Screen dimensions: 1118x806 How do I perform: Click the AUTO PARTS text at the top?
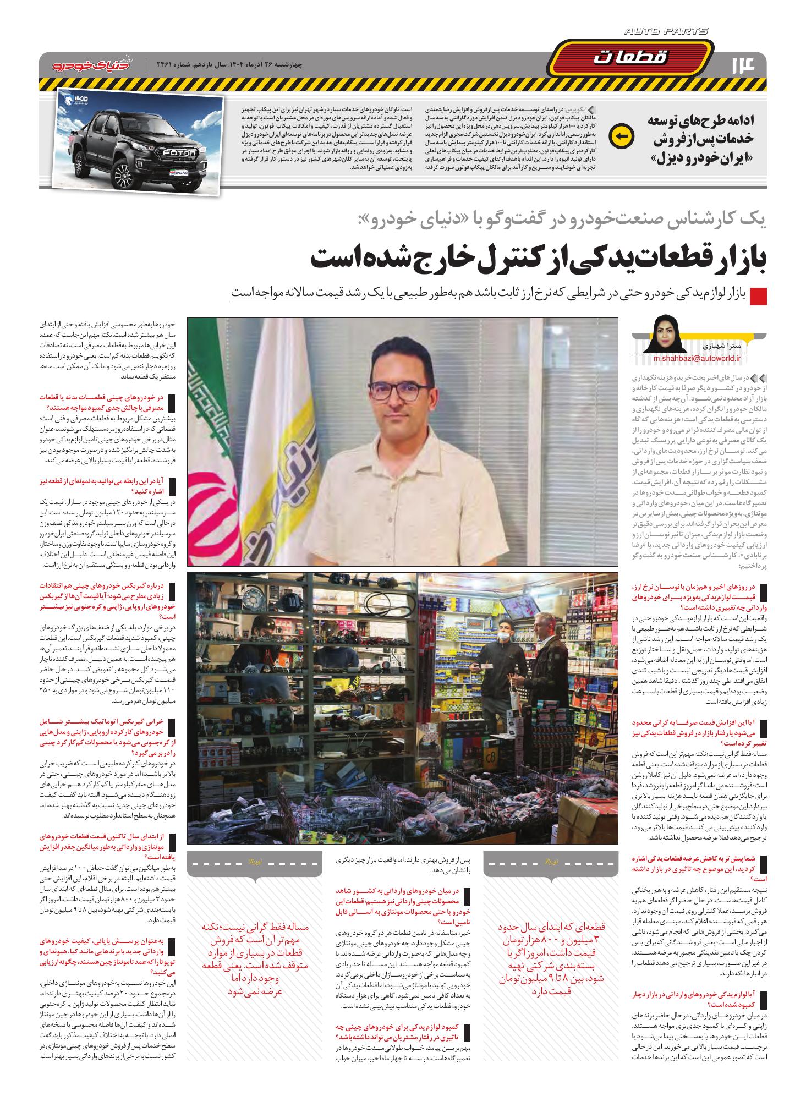click(x=666, y=32)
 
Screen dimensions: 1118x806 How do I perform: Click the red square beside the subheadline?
click(x=759, y=296)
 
